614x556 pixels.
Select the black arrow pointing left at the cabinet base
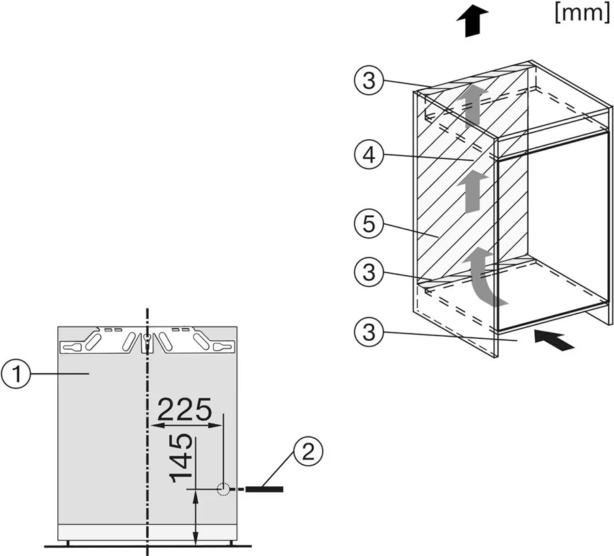tap(554, 340)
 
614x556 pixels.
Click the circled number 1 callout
tap(16, 375)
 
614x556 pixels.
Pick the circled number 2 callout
tap(309, 452)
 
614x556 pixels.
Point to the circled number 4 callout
tap(368, 155)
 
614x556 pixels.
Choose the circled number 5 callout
tap(368, 224)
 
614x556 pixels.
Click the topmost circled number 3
tap(368, 81)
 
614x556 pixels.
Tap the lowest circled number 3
tap(368, 333)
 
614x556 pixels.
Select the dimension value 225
tap(184, 409)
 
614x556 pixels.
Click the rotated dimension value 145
tap(181, 458)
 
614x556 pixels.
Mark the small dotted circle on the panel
tap(223, 489)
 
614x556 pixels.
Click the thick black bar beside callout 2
tap(264, 489)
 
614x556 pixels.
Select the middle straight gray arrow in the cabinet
tap(473, 191)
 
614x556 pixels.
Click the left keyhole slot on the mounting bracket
tap(71, 347)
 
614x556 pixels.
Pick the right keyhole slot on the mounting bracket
tap(223, 347)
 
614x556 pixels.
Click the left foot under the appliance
tap(68, 543)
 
